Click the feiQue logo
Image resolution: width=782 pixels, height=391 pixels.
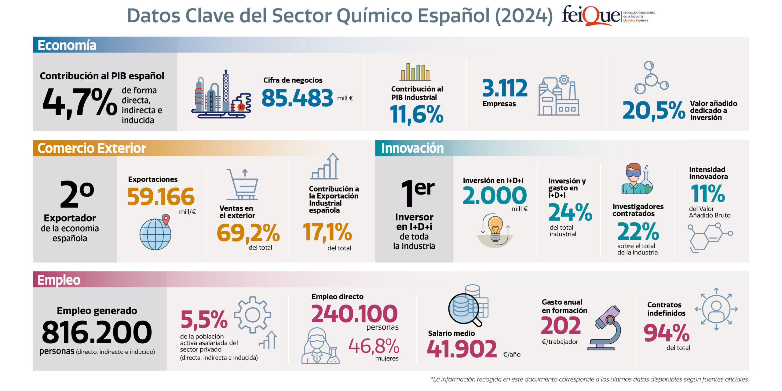click(x=608, y=15)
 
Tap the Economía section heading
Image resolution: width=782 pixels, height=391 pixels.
click(x=67, y=45)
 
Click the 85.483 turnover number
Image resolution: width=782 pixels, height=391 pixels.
click(x=297, y=98)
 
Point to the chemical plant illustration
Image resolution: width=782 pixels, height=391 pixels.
click(x=221, y=95)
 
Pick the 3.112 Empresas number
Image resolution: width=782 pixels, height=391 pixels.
click(x=505, y=88)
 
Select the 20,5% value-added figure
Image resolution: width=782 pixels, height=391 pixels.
click(x=653, y=111)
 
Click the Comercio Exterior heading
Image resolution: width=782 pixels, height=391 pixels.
click(x=92, y=148)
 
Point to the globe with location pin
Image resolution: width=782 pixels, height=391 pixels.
click(x=156, y=233)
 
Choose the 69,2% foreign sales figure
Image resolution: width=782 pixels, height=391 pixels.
click(x=248, y=233)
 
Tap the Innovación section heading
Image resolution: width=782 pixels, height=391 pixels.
click(x=412, y=148)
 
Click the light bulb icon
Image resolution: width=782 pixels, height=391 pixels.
click(x=495, y=230)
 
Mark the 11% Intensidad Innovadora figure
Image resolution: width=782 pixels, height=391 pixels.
click(x=707, y=194)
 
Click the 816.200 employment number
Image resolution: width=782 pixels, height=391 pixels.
click(x=97, y=332)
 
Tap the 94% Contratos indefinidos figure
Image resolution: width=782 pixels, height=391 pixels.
click(x=666, y=333)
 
